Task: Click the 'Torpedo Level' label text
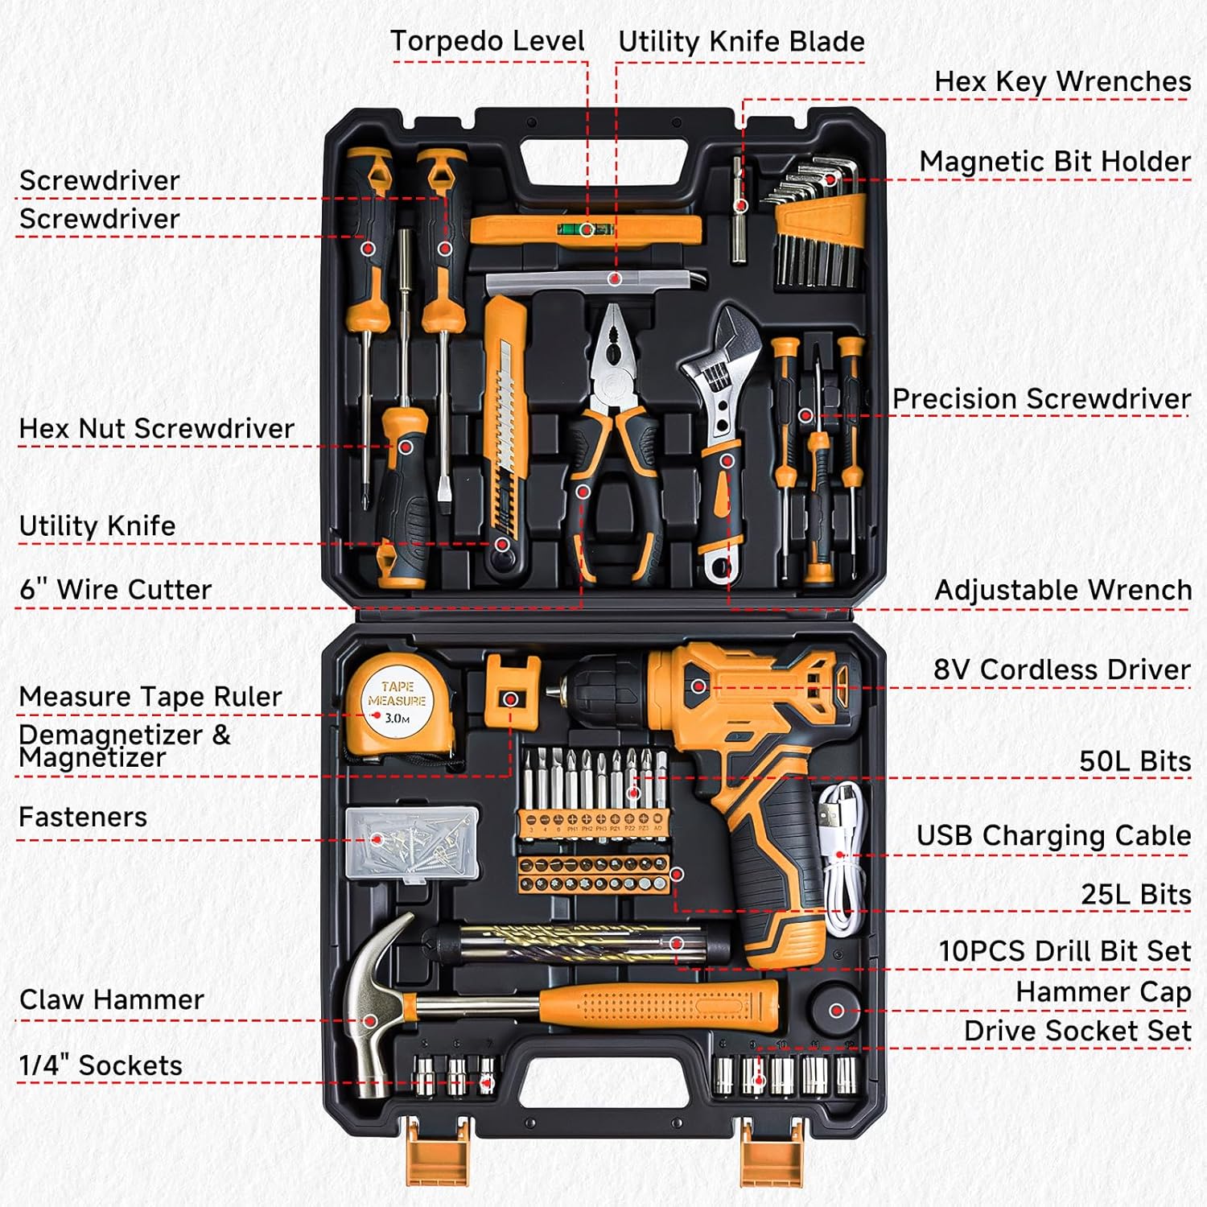pos(488,41)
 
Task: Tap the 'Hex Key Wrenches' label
pos(1062,81)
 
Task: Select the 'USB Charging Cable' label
pos(1053,836)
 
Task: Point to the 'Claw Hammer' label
pos(112,999)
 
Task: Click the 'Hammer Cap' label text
pos(1103,992)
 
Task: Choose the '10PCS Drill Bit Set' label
pos(1065,951)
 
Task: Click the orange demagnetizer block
pos(512,692)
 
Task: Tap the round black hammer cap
pos(836,1009)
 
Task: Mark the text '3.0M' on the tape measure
pos(398,718)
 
